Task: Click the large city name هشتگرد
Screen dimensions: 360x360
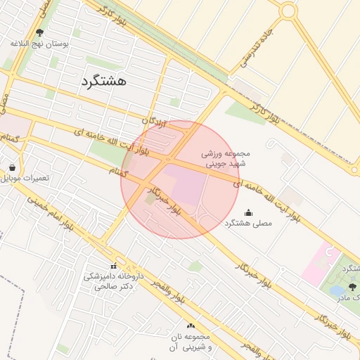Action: coord(103,81)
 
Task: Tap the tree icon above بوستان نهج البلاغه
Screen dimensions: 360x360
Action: coord(39,32)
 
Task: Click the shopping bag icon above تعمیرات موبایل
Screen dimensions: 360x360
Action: coord(13,168)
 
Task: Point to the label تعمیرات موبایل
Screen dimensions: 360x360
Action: coord(26,178)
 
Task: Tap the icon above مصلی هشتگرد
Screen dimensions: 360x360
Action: coord(248,212)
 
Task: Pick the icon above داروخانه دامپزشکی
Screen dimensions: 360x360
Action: coord(113,266)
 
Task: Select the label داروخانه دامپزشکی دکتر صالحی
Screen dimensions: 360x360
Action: coord(113,281)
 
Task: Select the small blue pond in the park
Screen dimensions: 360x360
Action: coord(337,289)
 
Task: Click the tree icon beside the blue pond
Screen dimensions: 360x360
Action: coord(352,287)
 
